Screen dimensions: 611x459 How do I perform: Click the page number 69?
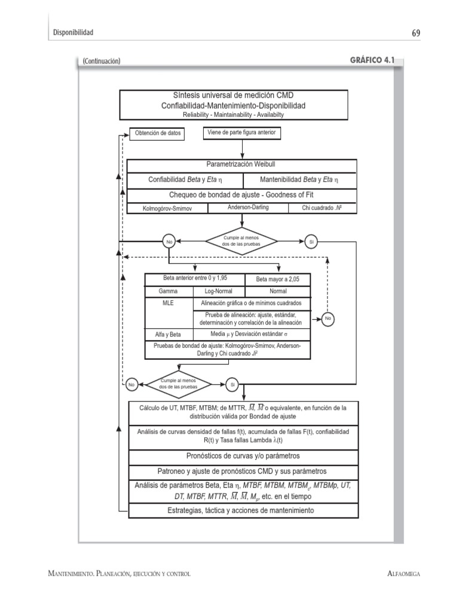415,32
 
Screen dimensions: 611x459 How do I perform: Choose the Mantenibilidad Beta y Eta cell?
299,179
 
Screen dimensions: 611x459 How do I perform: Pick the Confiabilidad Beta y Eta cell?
185,179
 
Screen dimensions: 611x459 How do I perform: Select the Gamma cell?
169,292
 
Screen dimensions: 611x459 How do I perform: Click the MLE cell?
168,303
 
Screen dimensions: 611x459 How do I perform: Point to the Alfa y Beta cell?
168,335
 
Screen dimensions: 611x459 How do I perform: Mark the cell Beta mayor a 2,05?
277,279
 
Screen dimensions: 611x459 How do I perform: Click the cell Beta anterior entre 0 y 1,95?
195,279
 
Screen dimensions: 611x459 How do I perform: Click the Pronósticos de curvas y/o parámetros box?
243,456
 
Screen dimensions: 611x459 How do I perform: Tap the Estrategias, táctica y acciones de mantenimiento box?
243,511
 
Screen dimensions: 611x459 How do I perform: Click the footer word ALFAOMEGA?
404,574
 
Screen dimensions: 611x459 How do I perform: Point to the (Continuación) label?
102,61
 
